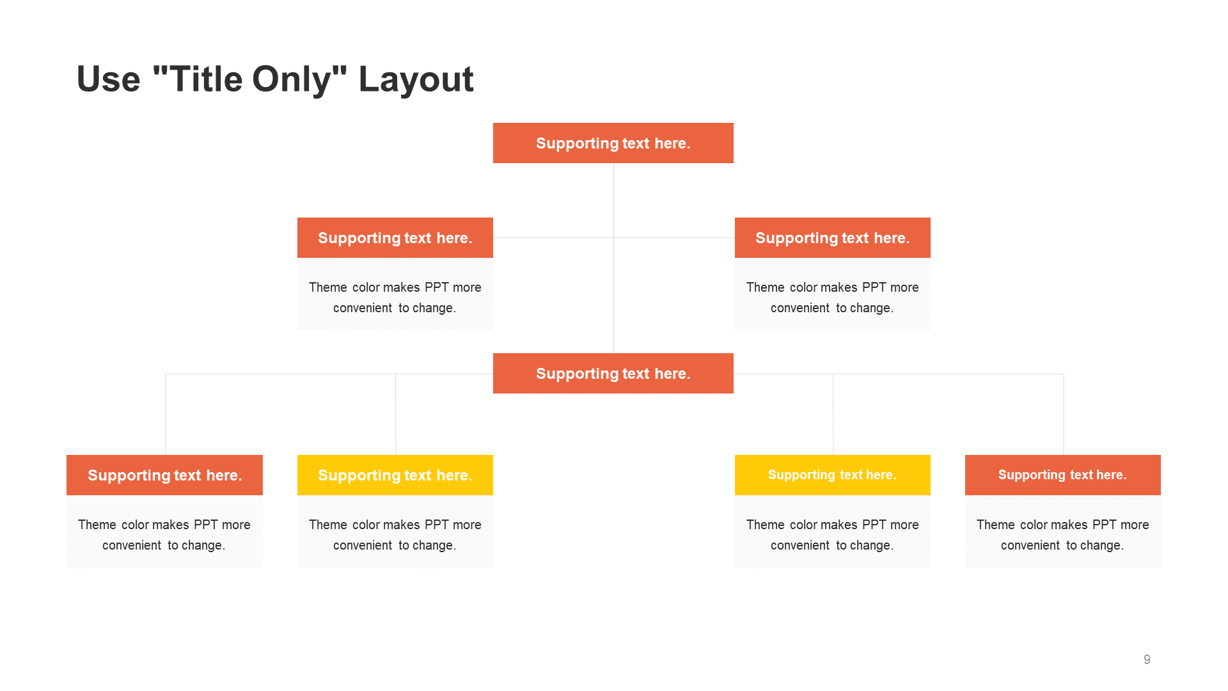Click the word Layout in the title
coord(416,79)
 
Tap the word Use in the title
coord(108,79)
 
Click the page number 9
coord(1147,660)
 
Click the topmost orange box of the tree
coord(613,143)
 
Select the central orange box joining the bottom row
coord(613,373)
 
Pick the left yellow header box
coord(395,475)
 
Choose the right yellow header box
coord(833,475)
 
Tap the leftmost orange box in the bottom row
coord(164,475)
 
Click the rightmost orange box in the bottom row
coord(1063,475)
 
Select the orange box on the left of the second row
coord(395,237)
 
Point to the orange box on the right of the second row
coord(833,237)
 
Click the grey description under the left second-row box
coord(395,298)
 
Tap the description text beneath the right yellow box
coord(833,535)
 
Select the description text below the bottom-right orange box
coord(1063,535)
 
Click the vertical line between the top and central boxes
coord(613,258)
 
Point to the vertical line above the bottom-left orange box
coord(165,414)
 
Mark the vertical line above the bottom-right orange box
coord(1064,414)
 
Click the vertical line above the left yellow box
coord(395,414)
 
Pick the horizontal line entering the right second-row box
coord(674,237)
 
